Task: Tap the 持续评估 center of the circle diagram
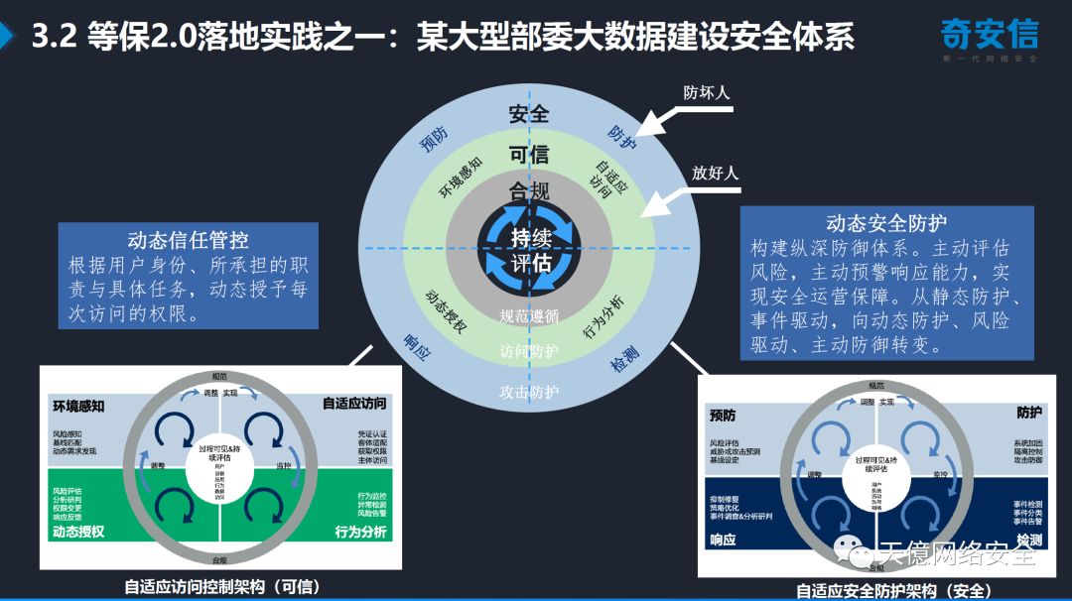coord(530,250)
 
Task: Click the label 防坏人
coord(707,93)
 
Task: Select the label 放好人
coord(716,174)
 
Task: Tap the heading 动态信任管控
coord(188,240)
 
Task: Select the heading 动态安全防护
coord(886,223)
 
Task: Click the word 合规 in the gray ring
coord(529,191)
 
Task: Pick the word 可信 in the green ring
coord(529,155)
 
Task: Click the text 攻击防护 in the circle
coord(529,392)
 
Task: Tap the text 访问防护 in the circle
coord(529,351)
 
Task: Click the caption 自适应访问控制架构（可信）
coord(222,585)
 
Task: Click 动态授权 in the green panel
coord(78,532)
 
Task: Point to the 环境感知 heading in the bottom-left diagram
coord(78,406)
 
